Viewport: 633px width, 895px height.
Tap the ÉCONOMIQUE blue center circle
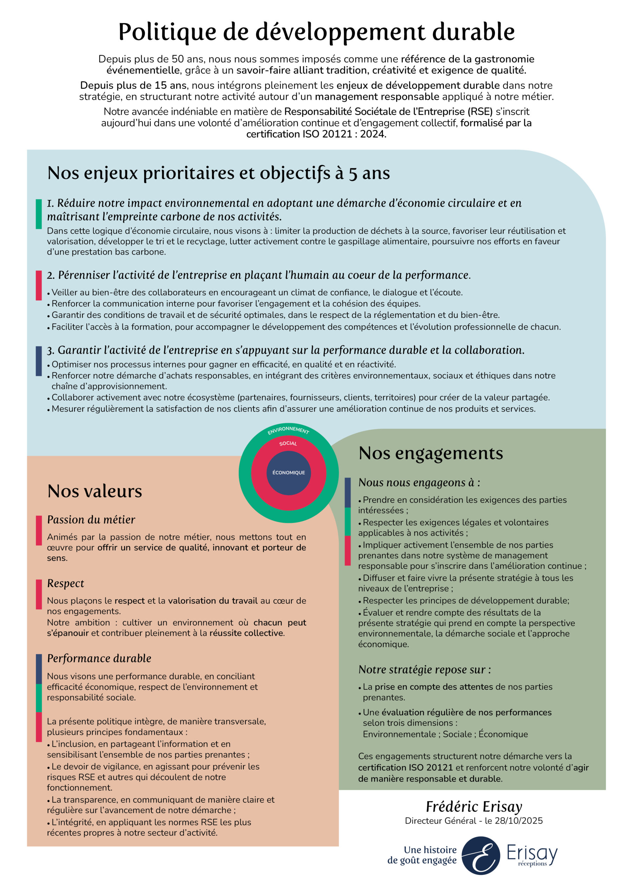pyautogui.click(x=289, y=473)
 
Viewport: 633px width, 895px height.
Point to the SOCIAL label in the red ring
pyautogui.click(x=288, y=444)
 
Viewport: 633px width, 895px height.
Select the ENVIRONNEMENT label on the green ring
pyautogui.click(x=288, y=430)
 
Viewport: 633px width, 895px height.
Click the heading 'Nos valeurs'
pyautogui.click(x=95, y=491)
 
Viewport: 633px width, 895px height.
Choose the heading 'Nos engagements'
pyautogui.click(x=431, y=453)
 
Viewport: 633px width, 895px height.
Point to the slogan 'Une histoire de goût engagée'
pyautogui.click(x=422, y=855)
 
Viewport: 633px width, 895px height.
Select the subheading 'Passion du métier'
pyautogui.click(x=91, y=520)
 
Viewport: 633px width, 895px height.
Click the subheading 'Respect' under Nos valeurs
pyautogui.click(x=65, y=583)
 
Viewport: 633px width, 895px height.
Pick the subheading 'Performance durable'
pyautogui.click(x=99, y=658)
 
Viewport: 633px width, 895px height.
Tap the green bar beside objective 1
pyautogui.click(x=38, y=214)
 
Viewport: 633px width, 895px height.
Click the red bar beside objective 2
pyautogui.click(x=38, y=285)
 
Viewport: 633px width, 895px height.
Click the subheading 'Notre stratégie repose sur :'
pyautogui.click(x=425, y=670)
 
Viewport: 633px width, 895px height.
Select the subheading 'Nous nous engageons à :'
pyautogui.click(x=419, y=482)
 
